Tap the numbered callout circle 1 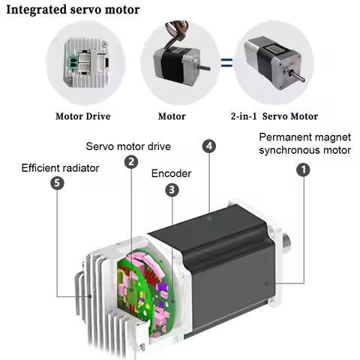[304, 170]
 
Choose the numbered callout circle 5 [56, 183]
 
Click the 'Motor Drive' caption [84, 116]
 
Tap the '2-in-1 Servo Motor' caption [274, 116]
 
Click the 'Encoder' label [171, 173]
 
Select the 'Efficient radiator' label [60, 167]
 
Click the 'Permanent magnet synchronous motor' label [304, 143]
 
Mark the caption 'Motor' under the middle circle [172, 116]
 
